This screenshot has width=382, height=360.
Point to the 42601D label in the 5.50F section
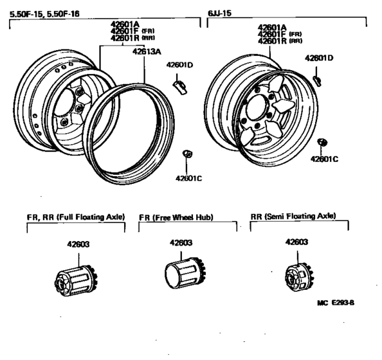[180, 64]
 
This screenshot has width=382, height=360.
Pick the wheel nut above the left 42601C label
[188, 154]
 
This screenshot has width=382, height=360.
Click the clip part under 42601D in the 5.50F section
[180, 84]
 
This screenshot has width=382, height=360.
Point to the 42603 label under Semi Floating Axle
[298, 243]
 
